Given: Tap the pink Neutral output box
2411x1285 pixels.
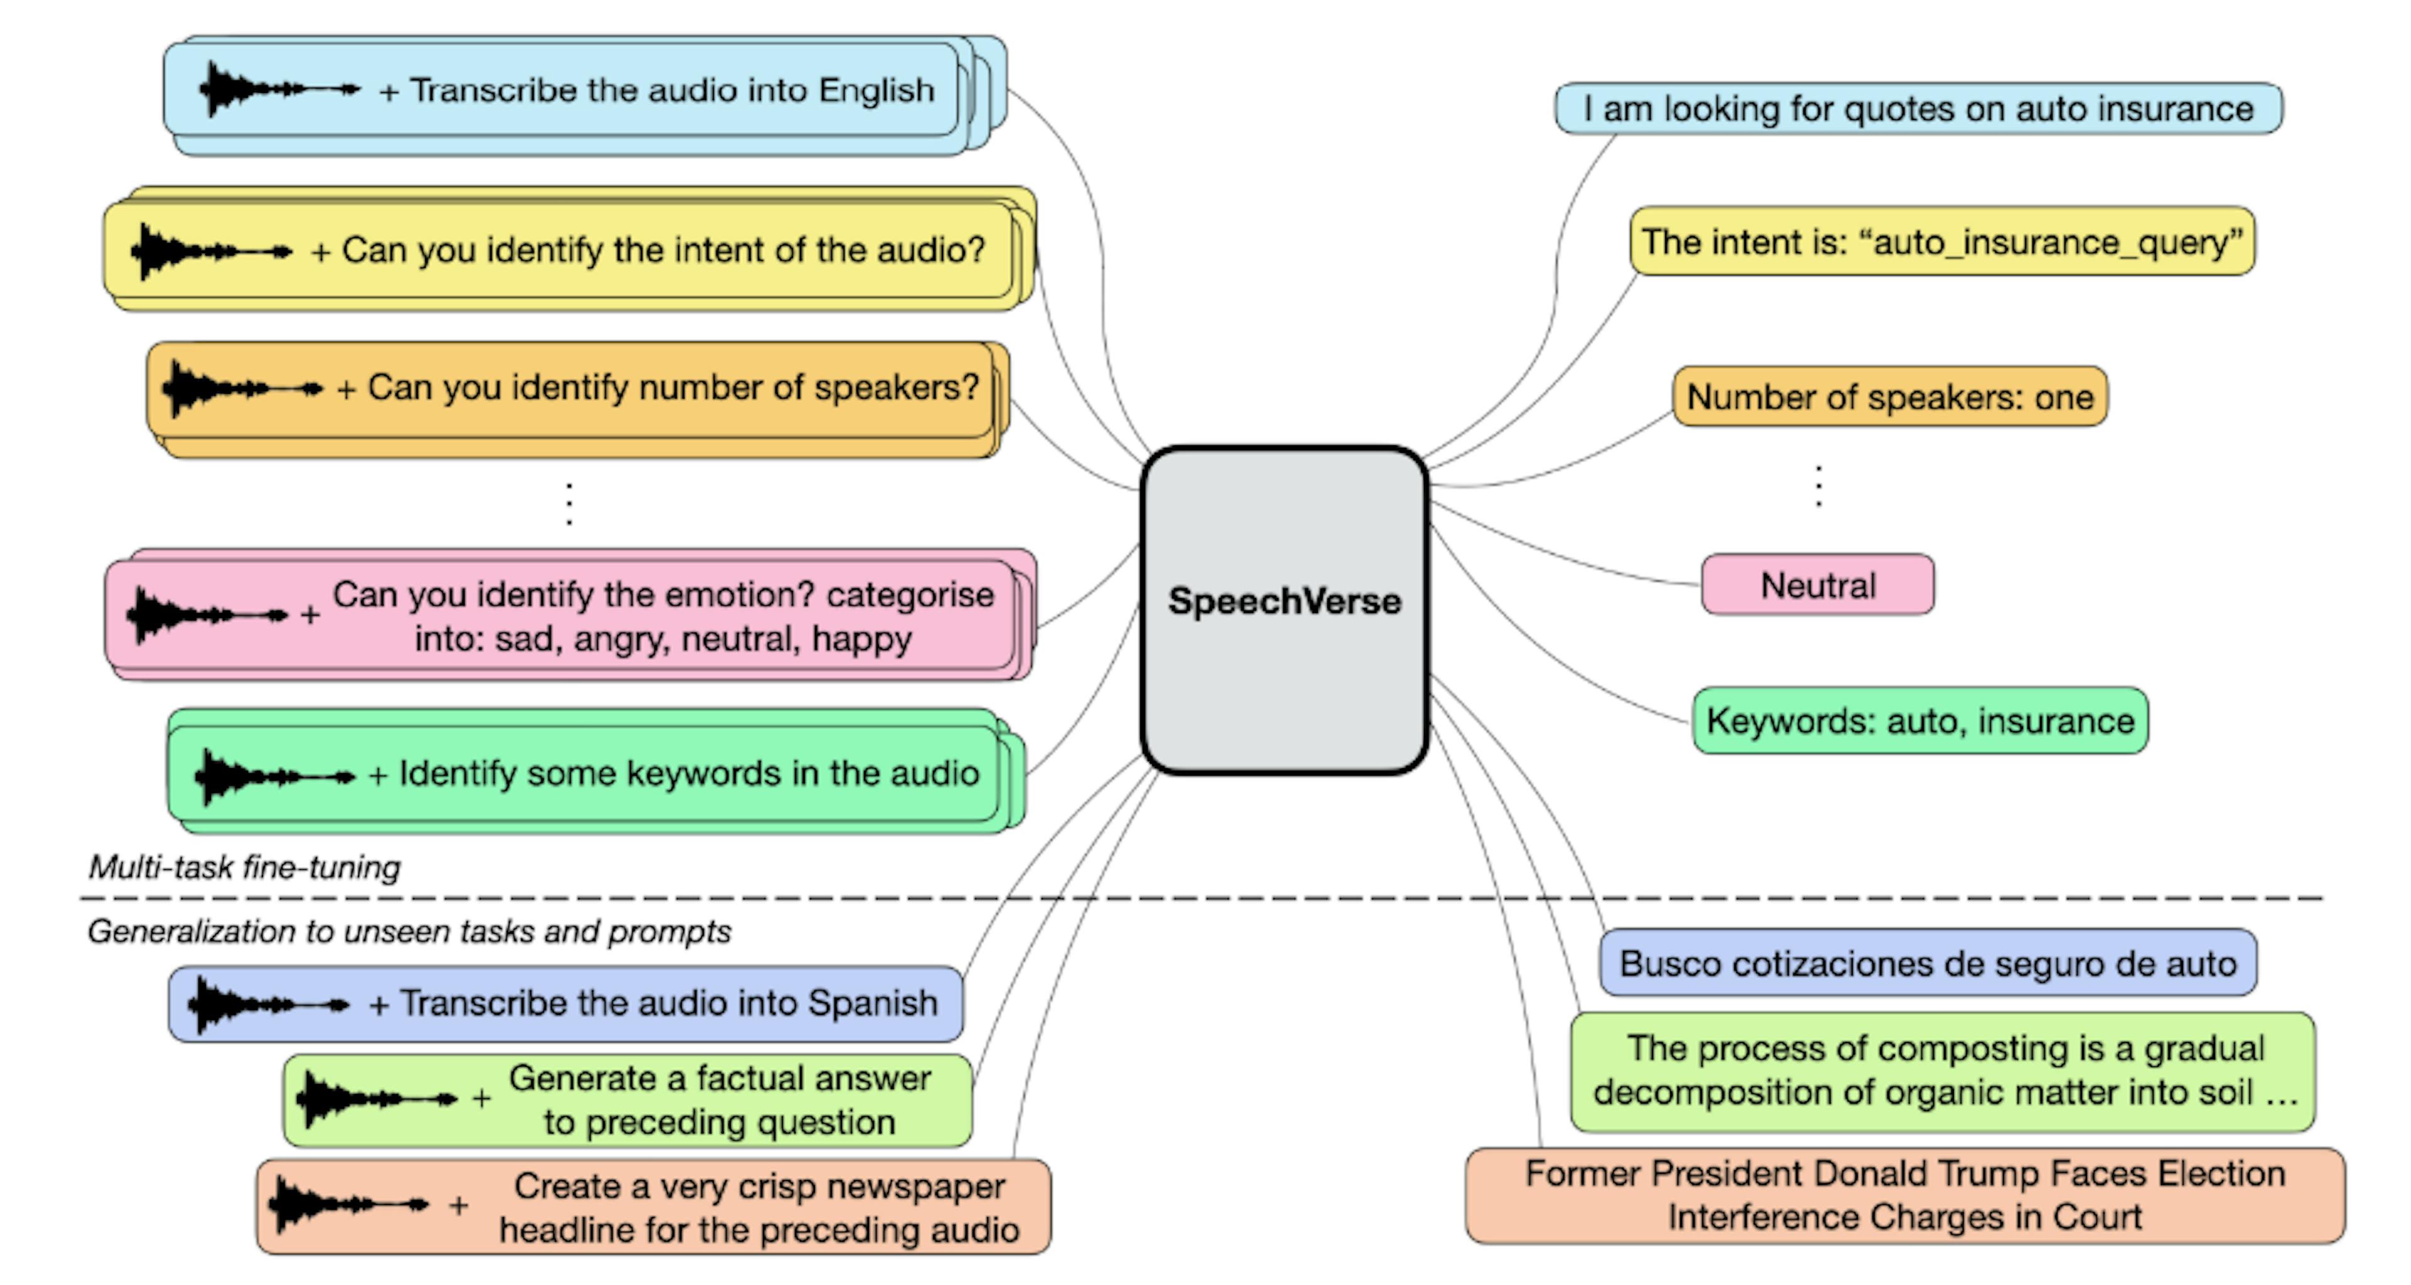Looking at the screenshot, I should (1818, 585).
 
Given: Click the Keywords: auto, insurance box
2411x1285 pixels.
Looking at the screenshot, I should (1919, 720).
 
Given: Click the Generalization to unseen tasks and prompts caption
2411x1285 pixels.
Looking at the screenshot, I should (409, 931).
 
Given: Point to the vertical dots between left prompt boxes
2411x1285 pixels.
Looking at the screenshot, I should (569, 504).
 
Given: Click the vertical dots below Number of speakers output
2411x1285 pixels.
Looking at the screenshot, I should (1818, 485).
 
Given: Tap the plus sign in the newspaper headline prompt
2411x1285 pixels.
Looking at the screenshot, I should (458, 1205).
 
